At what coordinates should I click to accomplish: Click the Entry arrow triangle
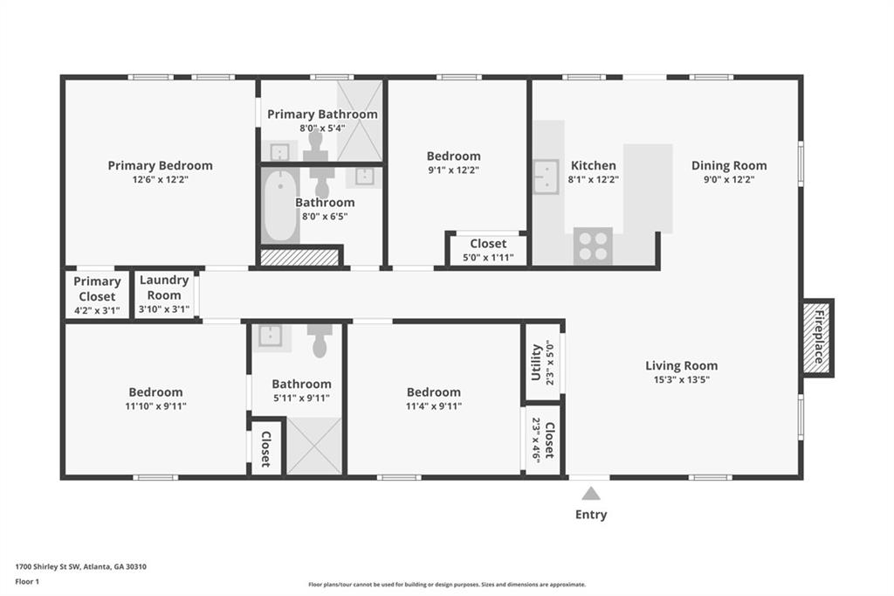click(x=591, y=493)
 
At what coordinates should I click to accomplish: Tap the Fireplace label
click(x=819, y=337)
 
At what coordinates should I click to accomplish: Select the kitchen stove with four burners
click(x=593, y=246)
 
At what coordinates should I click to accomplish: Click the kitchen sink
click(x=546, y=177)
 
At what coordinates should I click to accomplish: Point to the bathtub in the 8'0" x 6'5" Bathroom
click(x=280, y=206)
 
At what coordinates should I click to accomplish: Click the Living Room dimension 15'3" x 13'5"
click(x=681, y=379)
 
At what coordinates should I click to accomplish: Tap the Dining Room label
click(x=729, y=165)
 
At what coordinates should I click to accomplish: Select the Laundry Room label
click(x=164, y=288)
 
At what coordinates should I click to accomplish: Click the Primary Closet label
click(x=97, y=289)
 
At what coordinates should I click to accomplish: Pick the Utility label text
click(x=536, y=362)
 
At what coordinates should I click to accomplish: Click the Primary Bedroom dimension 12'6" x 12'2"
click(x=161, y=179)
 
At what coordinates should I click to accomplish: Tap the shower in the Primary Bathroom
click(x=359, y=121)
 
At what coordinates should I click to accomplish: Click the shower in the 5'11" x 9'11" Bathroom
click(x=313, y=446)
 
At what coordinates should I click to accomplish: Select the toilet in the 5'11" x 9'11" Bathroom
click(x=320, y=341)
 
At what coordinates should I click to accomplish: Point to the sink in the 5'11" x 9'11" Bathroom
click(x=271, y=336)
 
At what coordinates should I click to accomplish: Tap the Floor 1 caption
click(x=27, y=582)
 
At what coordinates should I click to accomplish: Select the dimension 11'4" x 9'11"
click(x=434, y=406)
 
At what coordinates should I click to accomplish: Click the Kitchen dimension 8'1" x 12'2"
click(x=594, y=179)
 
